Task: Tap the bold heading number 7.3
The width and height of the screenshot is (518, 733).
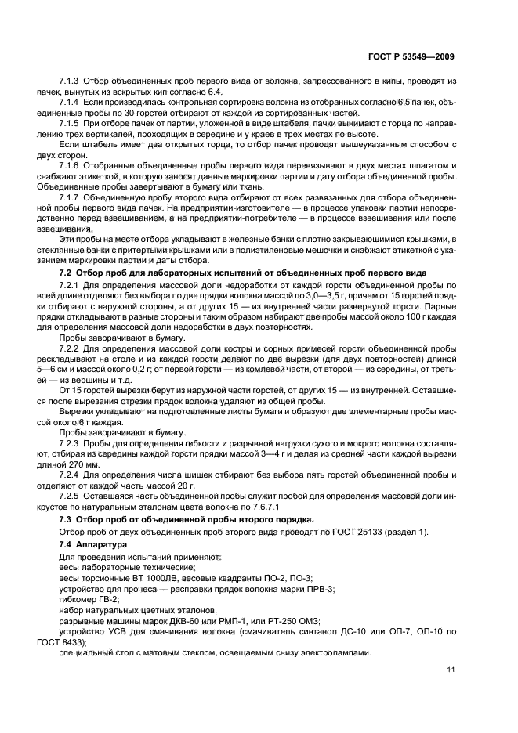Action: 67,519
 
